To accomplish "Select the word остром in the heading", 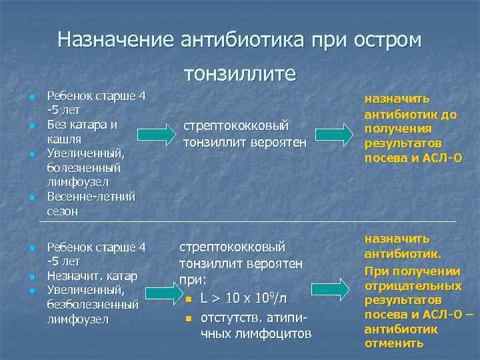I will (391, 39).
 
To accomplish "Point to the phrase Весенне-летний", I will (91, 197).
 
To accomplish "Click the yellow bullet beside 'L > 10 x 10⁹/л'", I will (189, 296).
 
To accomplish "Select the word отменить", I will (394, 343).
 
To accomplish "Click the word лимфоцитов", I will (256, 332).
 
